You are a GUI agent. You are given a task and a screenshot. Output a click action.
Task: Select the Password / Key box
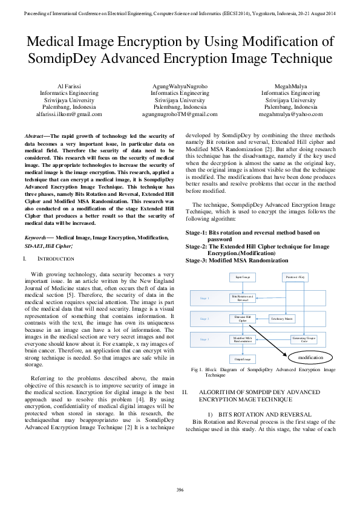[x=295, y=277]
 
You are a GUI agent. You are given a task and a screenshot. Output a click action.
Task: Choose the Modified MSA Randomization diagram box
[x=243, y=339]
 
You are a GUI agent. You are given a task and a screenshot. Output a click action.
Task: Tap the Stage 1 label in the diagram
[x=205, y=298]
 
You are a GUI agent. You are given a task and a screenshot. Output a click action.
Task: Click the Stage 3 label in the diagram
[x=205, y=339]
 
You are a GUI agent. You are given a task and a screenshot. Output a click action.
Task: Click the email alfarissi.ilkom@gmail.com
[x=69, y=114]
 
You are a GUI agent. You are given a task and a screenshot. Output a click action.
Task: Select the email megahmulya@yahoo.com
[x=290, y=114]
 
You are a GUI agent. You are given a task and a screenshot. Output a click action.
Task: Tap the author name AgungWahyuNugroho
[x=180, y=86]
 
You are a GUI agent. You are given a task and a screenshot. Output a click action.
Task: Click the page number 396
[x=180, y=489]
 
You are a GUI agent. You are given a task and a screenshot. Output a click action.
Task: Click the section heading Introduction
[x=55, y=259]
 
